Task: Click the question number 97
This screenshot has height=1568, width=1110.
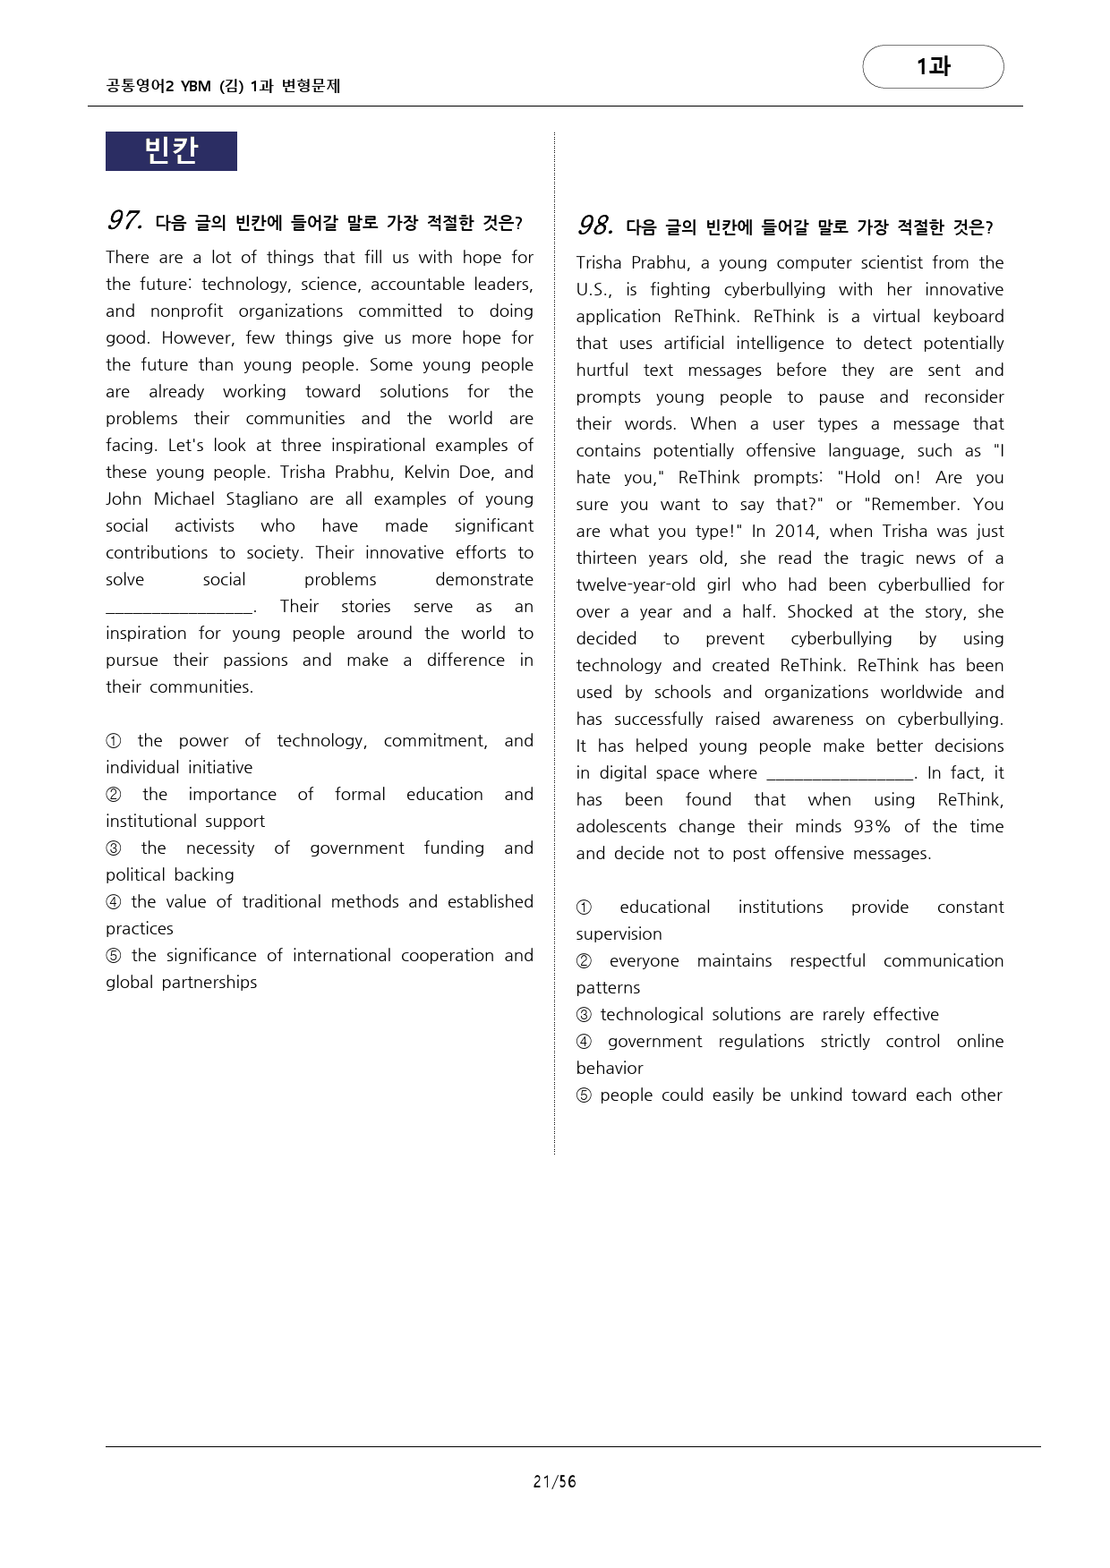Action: tap(124, 220)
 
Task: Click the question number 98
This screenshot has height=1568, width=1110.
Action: tap(595, 226)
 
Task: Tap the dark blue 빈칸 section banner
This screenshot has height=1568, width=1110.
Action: tap(171, 150)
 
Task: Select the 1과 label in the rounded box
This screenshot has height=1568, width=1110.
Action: tap(933, 66)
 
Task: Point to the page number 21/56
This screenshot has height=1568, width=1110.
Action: tap(554, 1481)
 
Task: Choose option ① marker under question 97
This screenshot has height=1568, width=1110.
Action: tap(114, 741)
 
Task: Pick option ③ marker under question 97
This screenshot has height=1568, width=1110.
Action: tap(114, 848)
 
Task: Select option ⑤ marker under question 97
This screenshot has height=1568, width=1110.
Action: tap(114, 956)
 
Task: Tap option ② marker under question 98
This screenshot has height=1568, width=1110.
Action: tap(585, 961)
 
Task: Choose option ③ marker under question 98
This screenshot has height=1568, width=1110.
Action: tap(585, 1015)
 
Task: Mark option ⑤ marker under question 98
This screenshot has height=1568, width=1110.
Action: tap(585, 1095)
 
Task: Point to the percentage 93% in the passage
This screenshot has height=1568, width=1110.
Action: tap(872, 827)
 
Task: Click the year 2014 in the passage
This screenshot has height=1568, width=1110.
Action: tap(795, 532)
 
